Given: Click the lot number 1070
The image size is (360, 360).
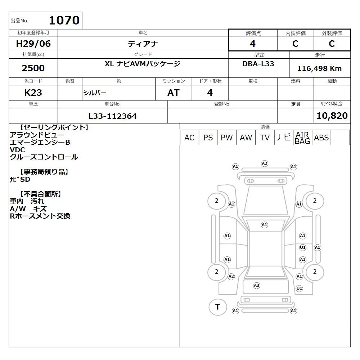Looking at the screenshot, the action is pyautogui.click(x=64, y=20).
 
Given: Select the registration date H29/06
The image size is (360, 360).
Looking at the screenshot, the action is pyautogui.click(x=33, y=44).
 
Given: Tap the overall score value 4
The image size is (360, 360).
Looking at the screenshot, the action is pyautogui.click(x=253, y=44).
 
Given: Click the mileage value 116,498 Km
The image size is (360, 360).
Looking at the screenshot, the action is pyautogui.click(x=319, y=68).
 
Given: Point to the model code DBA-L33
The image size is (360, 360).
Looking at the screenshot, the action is pyautogui.click(x=258, y=64).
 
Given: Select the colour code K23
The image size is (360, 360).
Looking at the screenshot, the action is pyautogui.click(x=33, y=93).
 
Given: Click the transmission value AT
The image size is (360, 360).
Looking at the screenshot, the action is pyautogui.click(x=174, y=93).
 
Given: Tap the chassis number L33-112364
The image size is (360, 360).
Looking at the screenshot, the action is pyautogui.click(x=112, y=116).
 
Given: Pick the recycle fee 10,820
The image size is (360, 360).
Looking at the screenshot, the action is pyautogui.click(x=332, y=116).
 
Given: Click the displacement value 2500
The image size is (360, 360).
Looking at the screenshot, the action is pyautogui.click(x=33, y=68).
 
